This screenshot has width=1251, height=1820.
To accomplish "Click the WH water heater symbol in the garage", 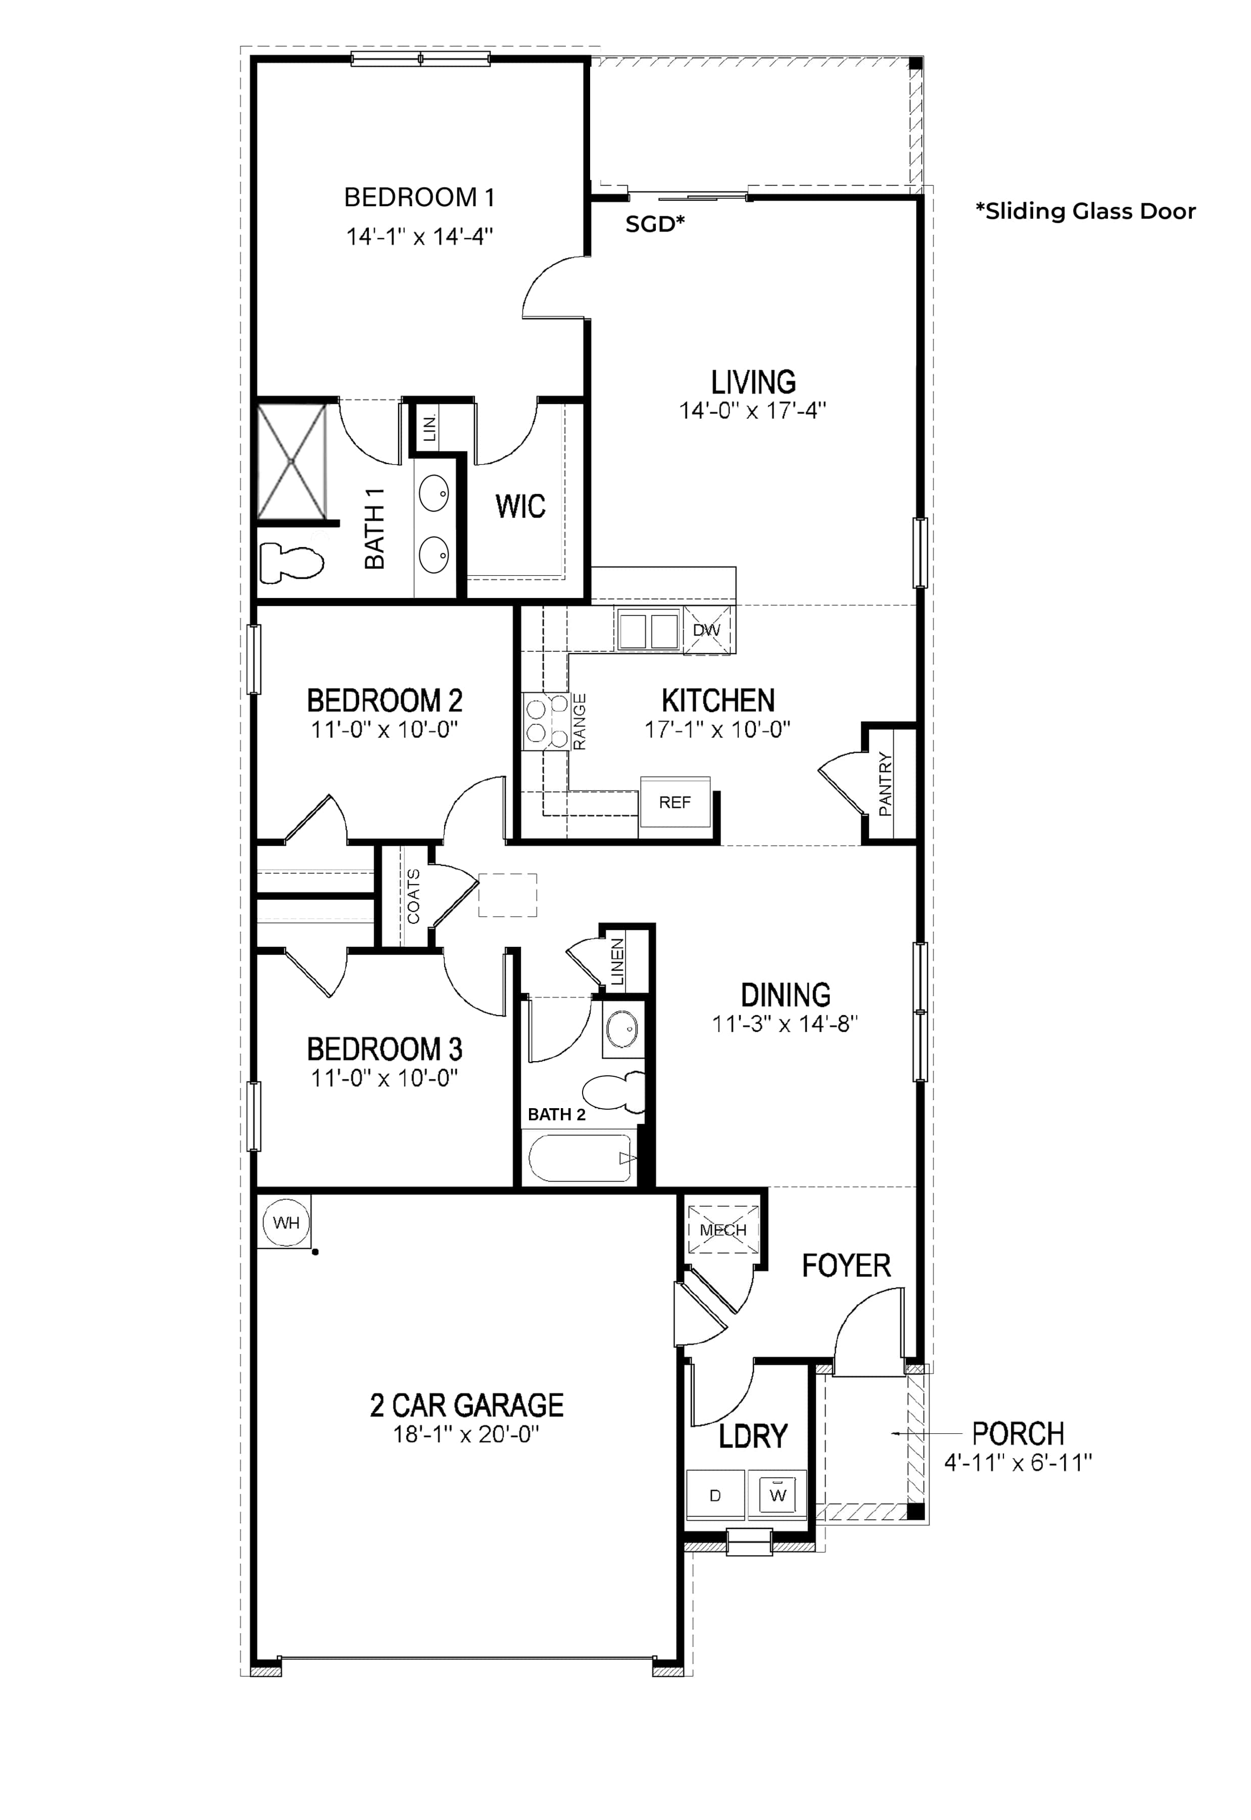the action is (286, 1222).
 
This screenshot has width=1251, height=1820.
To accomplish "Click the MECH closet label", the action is (723, 1230).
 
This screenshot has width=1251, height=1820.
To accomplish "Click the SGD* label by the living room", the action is (655, 224).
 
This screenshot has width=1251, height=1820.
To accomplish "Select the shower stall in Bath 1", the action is (292, 461).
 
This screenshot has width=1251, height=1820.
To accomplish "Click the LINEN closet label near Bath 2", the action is (617, 962).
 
